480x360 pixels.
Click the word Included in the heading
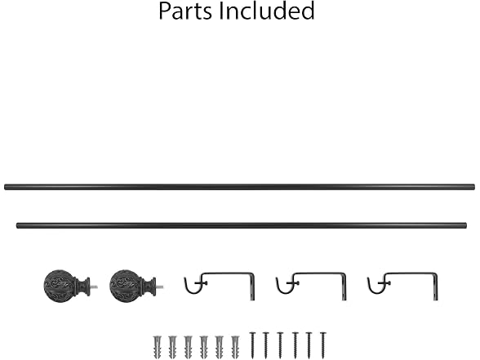pyautogui.click(x=267, y=11)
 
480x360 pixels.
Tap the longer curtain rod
pyautogui.click(x=240, y=187)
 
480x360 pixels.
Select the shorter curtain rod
pyautogui.click(x=242, y=225)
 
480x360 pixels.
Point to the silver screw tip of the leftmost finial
pyautogui.click(x=95, y=287)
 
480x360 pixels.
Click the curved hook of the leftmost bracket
pyautogui.click(x=192, y=289)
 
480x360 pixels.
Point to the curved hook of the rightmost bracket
pyautogui.click(x=375, y=289)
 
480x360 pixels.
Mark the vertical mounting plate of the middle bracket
pyautogui.click(x=344, y=287)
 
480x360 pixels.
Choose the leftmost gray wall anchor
pyautogui.click(x=158, y=347)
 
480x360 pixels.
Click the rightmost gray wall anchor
pyautogui.click(x=235, y=347)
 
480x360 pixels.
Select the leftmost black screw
pyautogui.click(x=252, y=345)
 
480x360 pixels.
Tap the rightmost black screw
pyautogui.click(x=323, y=345)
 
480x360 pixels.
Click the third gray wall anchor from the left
pyautogui.click(x=189, y=347)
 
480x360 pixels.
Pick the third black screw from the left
pyautogui.click(x=280, y=345)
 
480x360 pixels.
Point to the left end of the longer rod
pyautogui.click(x=5, y=187)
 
